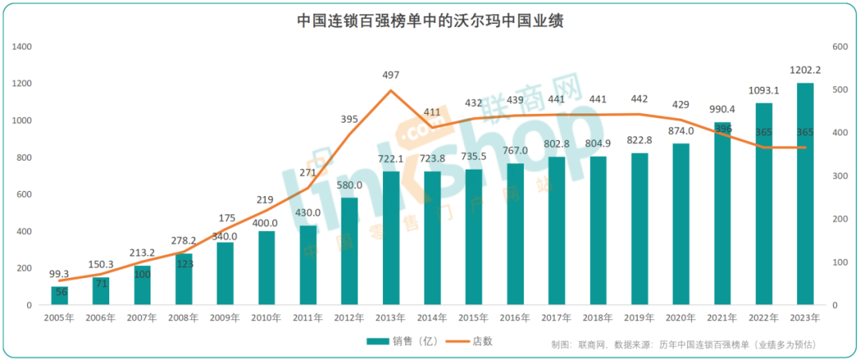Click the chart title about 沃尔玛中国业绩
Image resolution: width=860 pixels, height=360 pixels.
430,20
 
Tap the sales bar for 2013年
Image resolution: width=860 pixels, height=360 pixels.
391,238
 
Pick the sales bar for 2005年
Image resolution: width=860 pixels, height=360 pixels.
60,295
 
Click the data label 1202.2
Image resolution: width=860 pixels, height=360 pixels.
805,70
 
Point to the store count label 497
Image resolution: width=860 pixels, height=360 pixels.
391,75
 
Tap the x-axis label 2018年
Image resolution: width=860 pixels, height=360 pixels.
598,317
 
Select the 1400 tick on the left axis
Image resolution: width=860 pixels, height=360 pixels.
22,47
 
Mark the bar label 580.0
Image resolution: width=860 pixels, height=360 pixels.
350,185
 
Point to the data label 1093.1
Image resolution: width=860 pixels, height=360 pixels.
764,90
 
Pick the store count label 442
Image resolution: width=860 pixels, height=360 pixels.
639,99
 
